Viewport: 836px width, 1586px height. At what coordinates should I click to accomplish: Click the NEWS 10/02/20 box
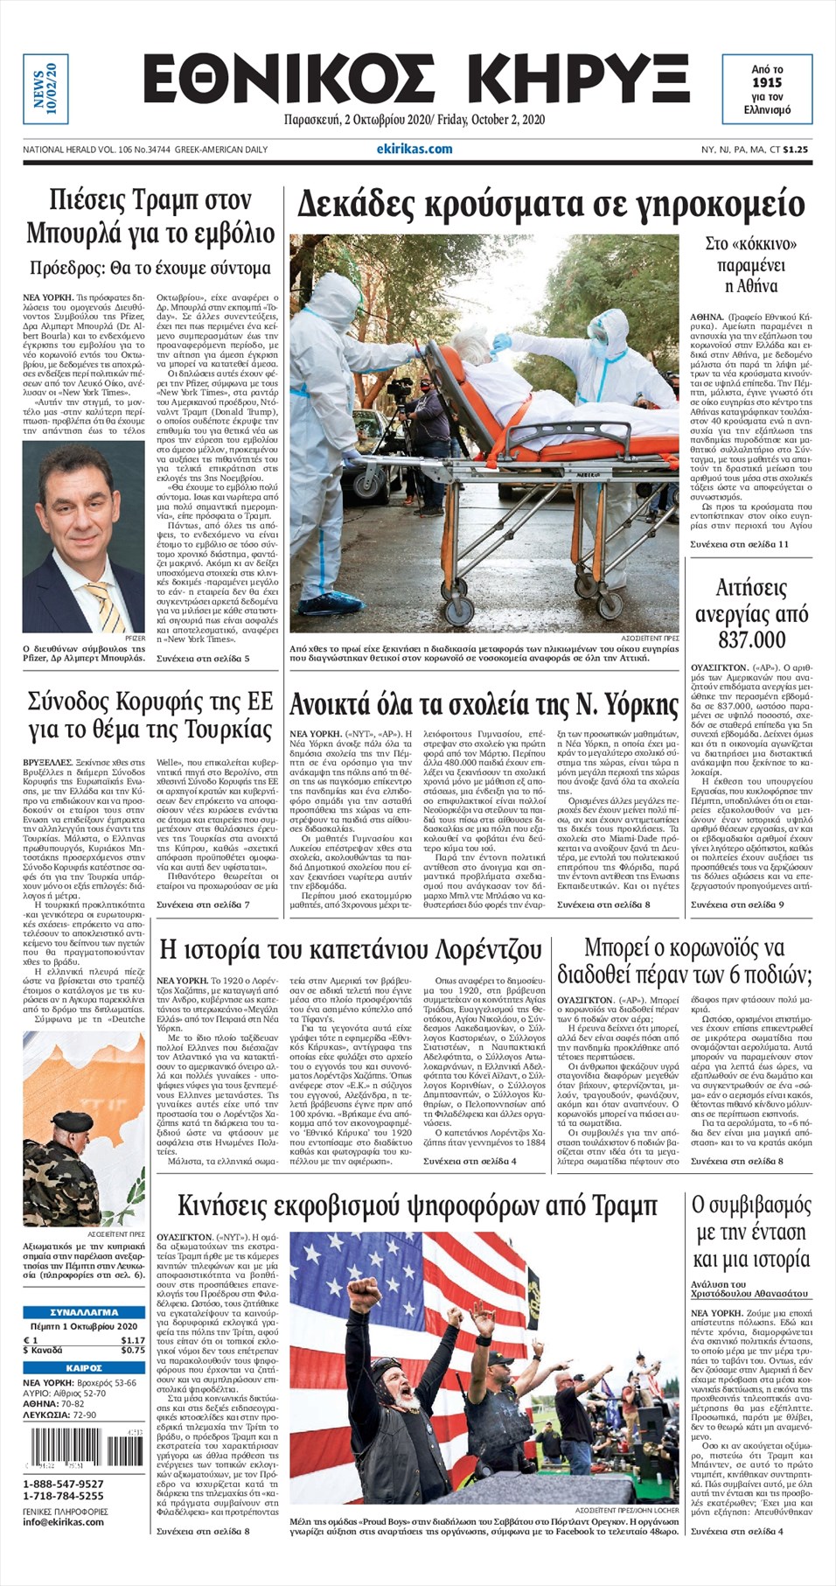pos(45,90)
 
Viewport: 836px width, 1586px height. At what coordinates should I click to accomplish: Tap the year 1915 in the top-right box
pos(766,82)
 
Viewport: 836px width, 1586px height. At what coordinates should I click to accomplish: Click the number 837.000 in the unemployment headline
pos(751,640)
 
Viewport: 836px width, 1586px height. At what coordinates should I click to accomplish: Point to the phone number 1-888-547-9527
pos(63,1484)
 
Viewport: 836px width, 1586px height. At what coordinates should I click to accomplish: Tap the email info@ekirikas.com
pos(63,1521)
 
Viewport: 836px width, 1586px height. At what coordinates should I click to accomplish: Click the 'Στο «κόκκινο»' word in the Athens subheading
pos(750,244)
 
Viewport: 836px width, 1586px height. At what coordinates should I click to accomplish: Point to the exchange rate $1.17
pos(133,1340)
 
